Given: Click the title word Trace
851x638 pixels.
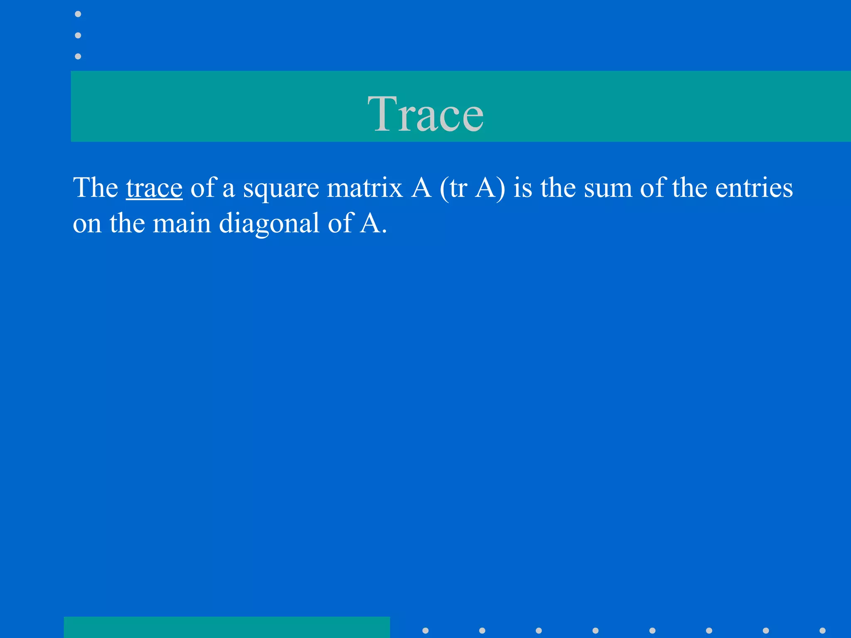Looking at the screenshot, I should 425,113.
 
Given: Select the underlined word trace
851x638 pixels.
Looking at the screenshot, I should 154,188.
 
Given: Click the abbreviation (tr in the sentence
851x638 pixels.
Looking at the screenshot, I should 453,188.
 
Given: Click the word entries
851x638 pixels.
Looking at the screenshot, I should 754,188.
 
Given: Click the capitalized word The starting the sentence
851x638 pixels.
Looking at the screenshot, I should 96,187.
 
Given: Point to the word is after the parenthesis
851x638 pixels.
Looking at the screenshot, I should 522,187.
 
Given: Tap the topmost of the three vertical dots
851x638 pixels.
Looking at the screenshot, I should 78,14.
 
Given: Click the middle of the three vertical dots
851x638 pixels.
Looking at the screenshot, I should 78,35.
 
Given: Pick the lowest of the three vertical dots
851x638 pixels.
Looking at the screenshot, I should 78,56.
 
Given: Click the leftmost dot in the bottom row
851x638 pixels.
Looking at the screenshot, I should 425,631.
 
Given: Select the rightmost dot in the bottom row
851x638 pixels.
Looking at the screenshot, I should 822,631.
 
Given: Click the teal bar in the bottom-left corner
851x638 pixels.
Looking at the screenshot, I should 227,627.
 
